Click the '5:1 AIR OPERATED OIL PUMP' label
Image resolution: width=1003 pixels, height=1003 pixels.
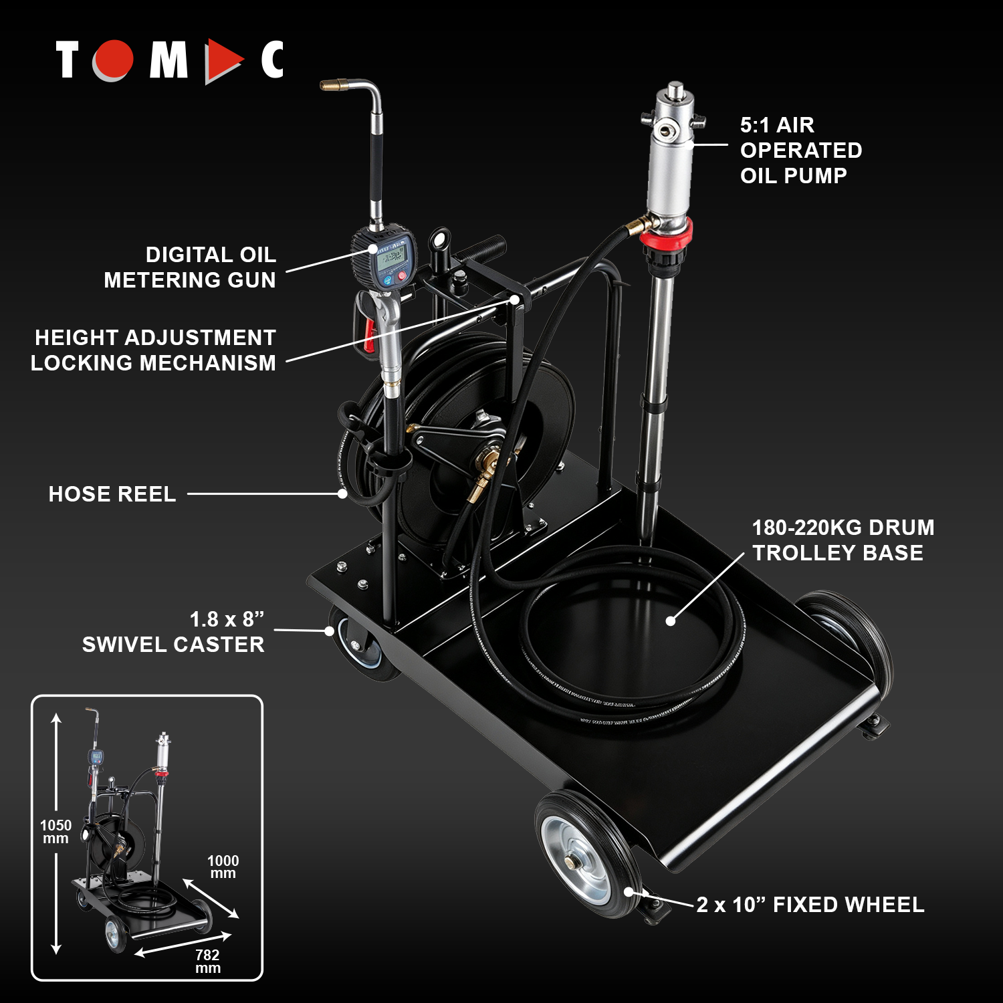800,150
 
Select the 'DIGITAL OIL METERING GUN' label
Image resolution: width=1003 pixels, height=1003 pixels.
190,267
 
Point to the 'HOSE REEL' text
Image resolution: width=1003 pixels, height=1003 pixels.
112,494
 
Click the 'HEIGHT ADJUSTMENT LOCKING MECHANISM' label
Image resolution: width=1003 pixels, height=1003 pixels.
153,350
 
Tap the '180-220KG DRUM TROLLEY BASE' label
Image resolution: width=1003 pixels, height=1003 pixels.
843,540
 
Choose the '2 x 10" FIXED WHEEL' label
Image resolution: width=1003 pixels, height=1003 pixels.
810,905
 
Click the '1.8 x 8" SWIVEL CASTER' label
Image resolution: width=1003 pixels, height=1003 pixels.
173,632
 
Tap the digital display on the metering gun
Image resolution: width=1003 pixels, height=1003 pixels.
393,259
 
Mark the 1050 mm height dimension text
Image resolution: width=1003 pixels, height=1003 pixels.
55,832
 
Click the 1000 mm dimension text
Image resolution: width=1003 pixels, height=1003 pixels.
223,867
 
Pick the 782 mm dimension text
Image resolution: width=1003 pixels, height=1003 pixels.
207,962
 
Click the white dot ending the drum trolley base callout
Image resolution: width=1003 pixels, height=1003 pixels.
671,621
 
